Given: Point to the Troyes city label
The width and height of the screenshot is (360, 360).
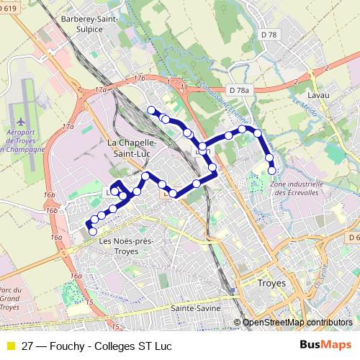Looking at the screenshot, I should [271, 284].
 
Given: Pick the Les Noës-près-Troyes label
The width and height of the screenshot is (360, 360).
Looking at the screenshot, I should [128, 246].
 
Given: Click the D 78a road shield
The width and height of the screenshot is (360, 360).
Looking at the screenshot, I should [240, 90].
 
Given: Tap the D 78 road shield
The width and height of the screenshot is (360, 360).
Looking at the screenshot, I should [269, 35].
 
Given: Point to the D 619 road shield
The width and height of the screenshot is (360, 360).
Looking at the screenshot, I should [7, 8].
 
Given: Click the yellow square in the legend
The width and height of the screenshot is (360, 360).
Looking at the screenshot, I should [10, 346].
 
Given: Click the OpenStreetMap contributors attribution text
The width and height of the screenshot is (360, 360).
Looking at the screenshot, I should [297, 323].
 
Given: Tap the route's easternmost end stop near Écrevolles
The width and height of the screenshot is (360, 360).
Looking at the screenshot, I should [272, 171].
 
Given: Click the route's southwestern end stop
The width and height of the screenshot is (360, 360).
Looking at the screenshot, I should [92, 231].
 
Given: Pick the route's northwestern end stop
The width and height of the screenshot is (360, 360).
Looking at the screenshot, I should [151, 109].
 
